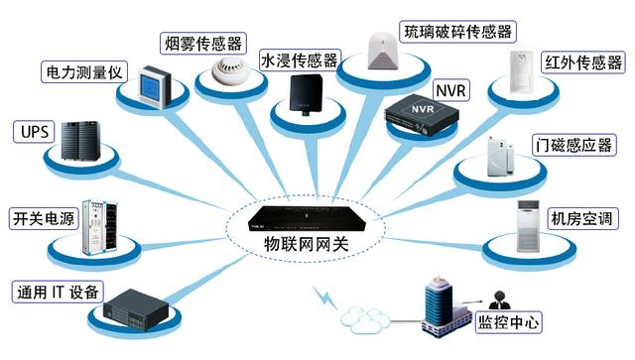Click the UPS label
pyautogui.click(x=31, y=131)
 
